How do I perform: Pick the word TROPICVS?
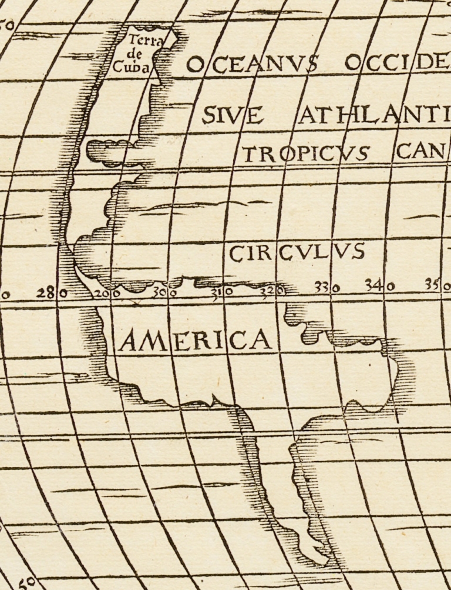tap(305, 154)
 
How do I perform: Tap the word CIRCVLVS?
tap(297, 253)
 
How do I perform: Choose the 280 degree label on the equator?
tap(52, 292)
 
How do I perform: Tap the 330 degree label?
tap(327, 288)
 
